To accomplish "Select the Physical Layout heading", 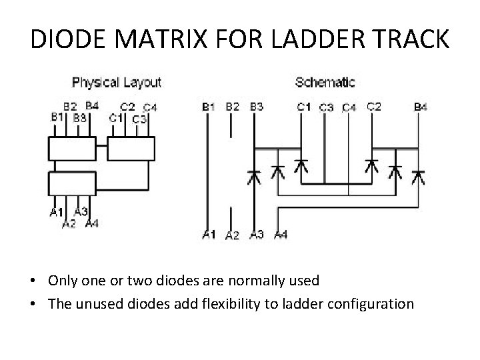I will point(117,83).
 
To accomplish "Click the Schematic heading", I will point(325,83).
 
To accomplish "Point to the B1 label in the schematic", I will point(208,107).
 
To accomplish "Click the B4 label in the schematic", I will point(421,107).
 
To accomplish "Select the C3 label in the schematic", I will point(327,107).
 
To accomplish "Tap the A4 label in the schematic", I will point(280,234).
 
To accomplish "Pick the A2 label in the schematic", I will point(232,235).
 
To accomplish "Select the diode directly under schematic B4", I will point(418,176).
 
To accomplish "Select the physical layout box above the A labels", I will point(73,182).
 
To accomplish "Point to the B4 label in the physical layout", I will point(92,105).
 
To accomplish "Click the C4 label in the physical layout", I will point(149,107).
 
